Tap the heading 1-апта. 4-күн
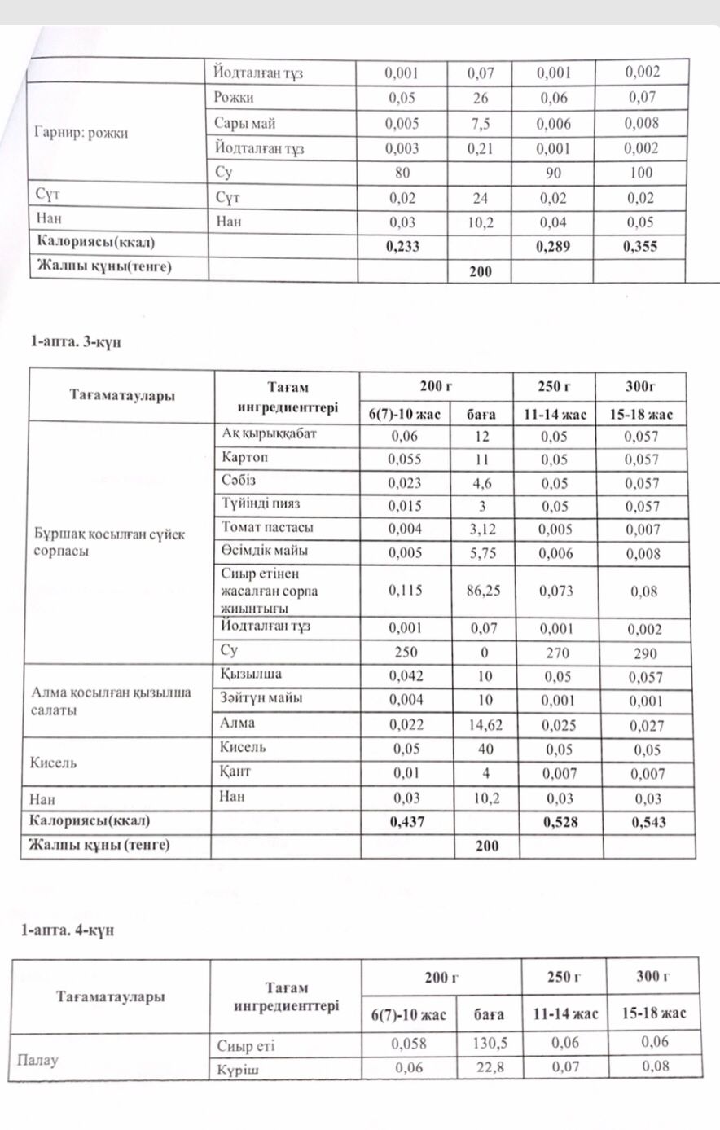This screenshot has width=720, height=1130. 68,930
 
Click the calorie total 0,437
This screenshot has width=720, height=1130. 405,822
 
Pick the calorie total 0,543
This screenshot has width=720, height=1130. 648,822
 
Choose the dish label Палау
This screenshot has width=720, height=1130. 37,1060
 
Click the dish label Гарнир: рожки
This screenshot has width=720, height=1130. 81,133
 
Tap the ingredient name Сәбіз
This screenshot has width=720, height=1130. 239,481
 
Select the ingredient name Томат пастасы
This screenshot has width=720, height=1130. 267,527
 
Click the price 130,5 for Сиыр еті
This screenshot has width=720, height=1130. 488,1043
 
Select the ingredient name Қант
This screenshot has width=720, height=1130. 235,771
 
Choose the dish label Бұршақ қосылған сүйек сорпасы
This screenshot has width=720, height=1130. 110,543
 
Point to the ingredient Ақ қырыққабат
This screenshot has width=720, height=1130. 269,434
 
